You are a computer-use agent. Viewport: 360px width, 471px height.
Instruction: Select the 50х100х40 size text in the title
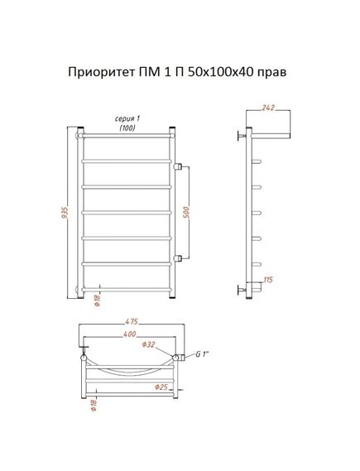[x=221, y=72]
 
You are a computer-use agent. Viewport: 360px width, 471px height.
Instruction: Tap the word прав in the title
[x=273, y=73]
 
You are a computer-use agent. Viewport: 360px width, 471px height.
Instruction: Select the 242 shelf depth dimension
[x=268, y=108]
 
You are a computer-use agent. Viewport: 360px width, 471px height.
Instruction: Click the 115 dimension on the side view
[x=268, y=280]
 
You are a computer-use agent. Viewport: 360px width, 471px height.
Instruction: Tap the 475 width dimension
[x=132, y=321]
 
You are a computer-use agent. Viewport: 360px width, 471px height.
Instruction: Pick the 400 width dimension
[x=130, y=334]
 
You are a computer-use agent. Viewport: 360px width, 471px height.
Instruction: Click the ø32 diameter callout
[x=148, y=344]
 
